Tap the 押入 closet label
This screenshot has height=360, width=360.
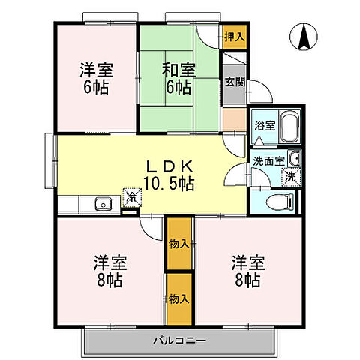233,36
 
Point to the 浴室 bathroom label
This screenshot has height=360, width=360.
263,126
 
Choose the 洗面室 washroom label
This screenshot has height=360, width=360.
268,160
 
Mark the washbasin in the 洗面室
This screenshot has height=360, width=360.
295,159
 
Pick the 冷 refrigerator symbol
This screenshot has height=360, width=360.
130,199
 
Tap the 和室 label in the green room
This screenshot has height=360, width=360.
179,70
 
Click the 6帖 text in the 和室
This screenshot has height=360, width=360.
179,88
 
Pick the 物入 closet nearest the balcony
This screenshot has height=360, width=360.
178,298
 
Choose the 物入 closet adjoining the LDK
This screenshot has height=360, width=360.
178,243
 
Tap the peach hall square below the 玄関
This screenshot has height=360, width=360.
233,118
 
